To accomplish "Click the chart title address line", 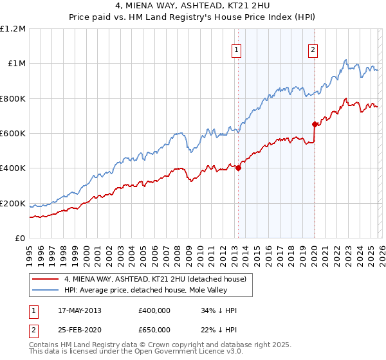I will (x=192, y=7).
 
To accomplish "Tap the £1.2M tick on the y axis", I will (x=13, y=28).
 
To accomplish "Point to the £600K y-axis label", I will (x=13, y=133).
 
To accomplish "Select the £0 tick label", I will (x=19, y=238).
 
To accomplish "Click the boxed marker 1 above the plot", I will (x=237, y=50).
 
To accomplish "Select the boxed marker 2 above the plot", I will (x=313, y=50).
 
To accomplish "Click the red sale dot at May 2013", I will (x=238, y=168).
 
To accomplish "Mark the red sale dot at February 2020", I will (x=315, y=124).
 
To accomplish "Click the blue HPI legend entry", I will (x=154, y=290).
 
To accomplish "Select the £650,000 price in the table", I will (x=154, y=329).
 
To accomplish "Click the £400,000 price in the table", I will (x=154, y=310).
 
